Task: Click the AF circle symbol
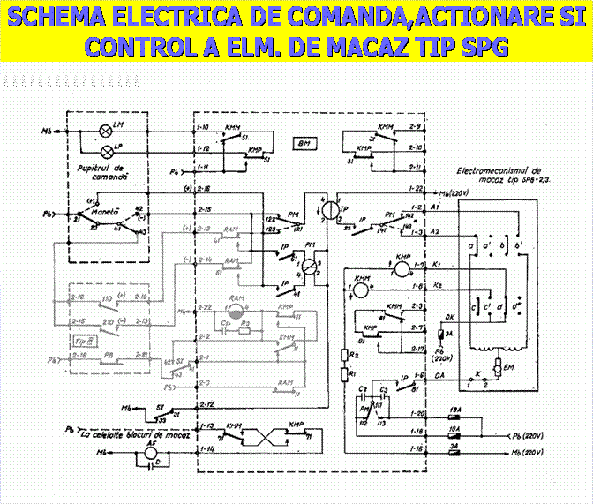click(139, 450)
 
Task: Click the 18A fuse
click(455, 413)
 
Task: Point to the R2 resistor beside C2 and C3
click(343, 355)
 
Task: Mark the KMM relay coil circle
click(360, 286)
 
